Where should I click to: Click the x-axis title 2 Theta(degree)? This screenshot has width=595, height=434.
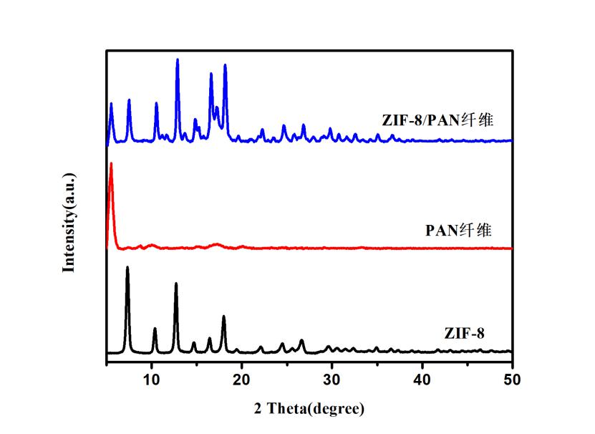tap(309, 409)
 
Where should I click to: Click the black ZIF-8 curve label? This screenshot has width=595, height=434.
tap(465, 333)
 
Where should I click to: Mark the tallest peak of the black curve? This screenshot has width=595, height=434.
tap(127, 267)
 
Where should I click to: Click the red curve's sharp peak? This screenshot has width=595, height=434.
tap(110, 164)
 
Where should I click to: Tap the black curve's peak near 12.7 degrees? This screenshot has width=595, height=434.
tap(176, 284)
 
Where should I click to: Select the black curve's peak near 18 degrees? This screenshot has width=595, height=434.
tap(223, 316)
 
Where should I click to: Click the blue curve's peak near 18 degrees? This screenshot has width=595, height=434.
tap(225, 65)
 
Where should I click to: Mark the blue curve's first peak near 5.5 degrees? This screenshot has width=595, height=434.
tap(111, 104)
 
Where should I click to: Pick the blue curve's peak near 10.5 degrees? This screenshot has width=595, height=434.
tap(156, 103)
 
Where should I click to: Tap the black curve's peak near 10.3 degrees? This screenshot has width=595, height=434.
tap(155, 329)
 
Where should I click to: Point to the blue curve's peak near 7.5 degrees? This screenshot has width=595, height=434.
tap(129, 100)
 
